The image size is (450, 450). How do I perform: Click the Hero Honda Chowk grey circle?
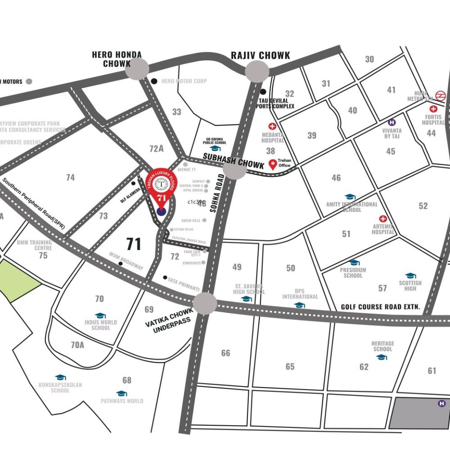137,70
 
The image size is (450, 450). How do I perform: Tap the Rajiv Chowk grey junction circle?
257,71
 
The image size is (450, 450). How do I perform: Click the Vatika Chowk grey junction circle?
205,303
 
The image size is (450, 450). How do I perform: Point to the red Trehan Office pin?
272,165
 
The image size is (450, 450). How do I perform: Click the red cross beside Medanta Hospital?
272,126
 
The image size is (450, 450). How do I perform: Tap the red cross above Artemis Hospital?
383,218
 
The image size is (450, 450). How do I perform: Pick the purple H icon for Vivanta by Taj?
392,122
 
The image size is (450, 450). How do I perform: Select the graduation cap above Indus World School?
100,316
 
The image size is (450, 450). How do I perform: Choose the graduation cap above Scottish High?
410,276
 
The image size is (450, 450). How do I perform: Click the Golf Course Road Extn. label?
380,307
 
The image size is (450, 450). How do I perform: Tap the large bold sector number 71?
134,244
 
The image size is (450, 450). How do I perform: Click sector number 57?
382,288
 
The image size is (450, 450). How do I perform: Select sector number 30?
369,59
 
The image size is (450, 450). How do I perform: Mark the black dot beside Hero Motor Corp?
154,81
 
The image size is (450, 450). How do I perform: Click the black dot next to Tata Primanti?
165,277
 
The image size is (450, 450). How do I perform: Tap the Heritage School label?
382,346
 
